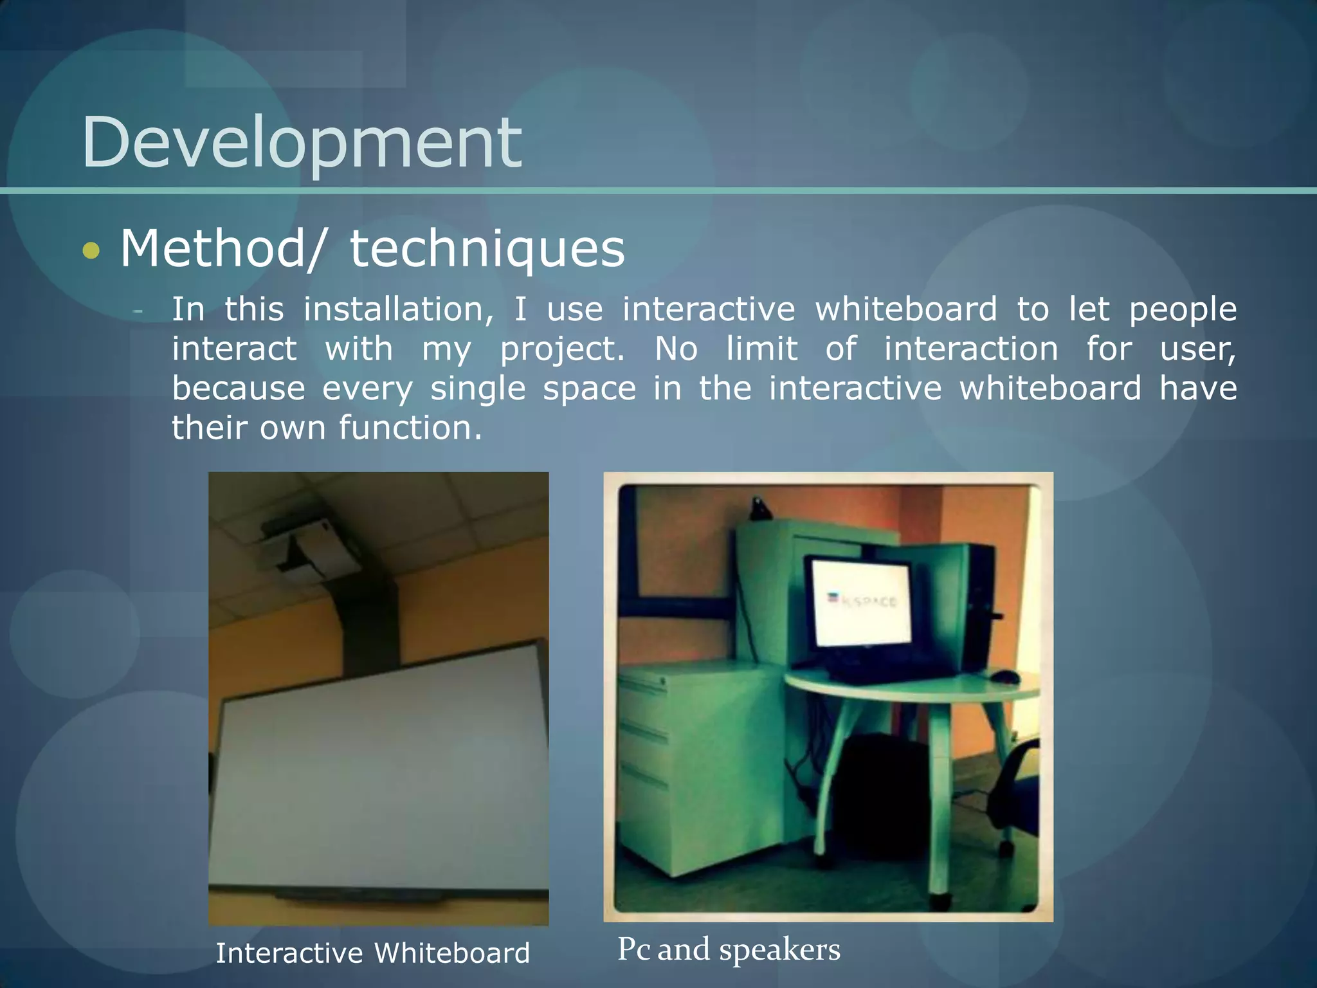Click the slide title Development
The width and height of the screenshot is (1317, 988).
[301, 143]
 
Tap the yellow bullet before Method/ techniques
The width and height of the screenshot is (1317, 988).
[91, 250]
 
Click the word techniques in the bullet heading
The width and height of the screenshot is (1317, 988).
[487, 249]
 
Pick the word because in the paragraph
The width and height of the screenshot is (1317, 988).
[239, 389]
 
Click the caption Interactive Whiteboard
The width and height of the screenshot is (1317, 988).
[372, 953]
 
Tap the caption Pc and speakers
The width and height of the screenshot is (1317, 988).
[729, 949]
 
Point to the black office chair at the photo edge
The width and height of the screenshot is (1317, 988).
[1016, 791]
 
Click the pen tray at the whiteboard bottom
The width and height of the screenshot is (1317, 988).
[360, 896]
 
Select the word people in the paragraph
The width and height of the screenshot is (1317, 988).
[1183, 309]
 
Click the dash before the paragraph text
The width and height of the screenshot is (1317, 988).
[137, 311]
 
